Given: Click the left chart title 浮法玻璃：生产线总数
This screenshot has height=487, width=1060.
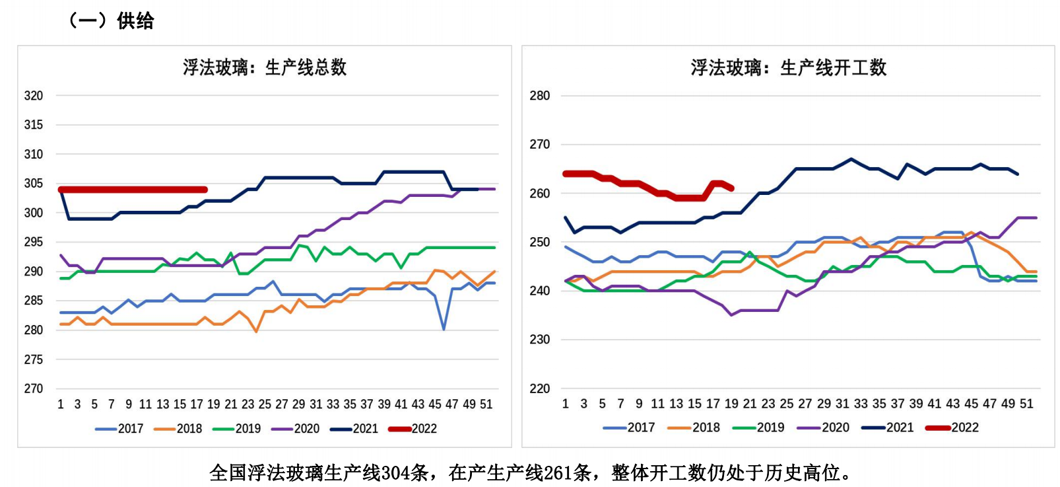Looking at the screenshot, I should pyautogui.click(x=265, y=67).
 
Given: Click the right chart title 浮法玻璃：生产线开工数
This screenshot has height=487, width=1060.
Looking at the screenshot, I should pyautogui.click(x=788, y=67).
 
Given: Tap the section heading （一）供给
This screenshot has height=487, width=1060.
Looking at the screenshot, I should pyautogui.click(x=112, y=21).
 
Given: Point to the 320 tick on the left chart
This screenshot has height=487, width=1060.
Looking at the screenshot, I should pyautogui.click(x=34, y=96).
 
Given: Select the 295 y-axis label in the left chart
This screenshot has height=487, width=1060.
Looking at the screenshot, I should pyautogui.click(x=34, y=243).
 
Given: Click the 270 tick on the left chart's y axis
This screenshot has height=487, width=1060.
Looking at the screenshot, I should pyautogui.click(x=34, y=389).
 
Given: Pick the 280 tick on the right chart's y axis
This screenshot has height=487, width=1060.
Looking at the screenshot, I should pyautogui.click(x=539, y=96).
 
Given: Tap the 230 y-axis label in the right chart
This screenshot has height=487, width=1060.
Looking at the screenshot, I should pyautogui.click(x=539, y=340).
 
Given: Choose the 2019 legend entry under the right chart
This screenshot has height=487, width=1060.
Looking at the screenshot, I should pyautogui.click(x=759, y=428).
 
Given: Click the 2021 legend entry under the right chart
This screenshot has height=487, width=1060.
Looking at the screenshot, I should pyautogui.click(x=888, y=428).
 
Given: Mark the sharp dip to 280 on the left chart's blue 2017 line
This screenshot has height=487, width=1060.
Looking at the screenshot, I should pyautogui.click(x=444, y=329).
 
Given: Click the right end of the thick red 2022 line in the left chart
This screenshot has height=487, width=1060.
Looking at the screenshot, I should pyautogui.click(x=205, y=190).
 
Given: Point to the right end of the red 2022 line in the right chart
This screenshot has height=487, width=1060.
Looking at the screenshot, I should pyautogui.click(x=732, y=188).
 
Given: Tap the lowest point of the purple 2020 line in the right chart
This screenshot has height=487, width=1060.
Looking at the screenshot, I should pyautogui.click(x=731, y=315).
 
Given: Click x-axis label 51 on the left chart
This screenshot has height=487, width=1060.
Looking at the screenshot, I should pyautogui.click(x=486, y=404).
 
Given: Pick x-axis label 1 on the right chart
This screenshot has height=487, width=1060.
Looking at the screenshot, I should pyautogui.click(x=566, y=404).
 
